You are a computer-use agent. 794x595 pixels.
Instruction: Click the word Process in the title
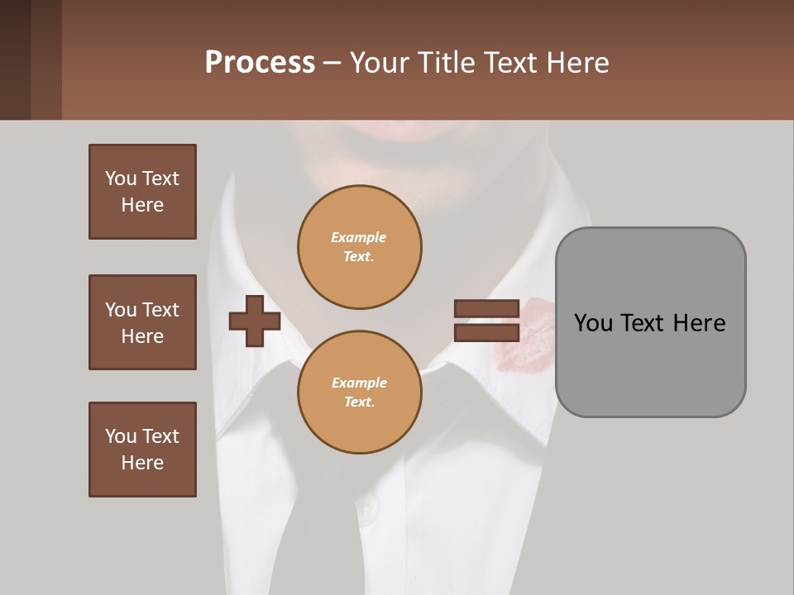[260, 63]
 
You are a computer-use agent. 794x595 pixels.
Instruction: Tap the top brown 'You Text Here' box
[142, 192]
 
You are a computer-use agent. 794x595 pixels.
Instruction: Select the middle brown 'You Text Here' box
[142, 322]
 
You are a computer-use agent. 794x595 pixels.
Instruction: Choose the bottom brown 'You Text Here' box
[142, 450]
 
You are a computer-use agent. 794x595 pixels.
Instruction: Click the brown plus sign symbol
[254, 321]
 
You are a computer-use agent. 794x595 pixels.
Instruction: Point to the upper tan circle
[359, 247]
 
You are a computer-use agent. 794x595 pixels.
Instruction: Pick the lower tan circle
[359, 392]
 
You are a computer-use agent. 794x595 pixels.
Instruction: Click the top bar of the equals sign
[487, 309]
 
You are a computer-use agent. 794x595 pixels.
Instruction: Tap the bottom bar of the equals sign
[487, 333]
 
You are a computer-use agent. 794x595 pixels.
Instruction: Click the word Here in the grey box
[699, 323]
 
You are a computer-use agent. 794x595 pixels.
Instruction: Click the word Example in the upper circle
[359, 237]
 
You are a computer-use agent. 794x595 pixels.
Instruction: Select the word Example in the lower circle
[359, 383]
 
